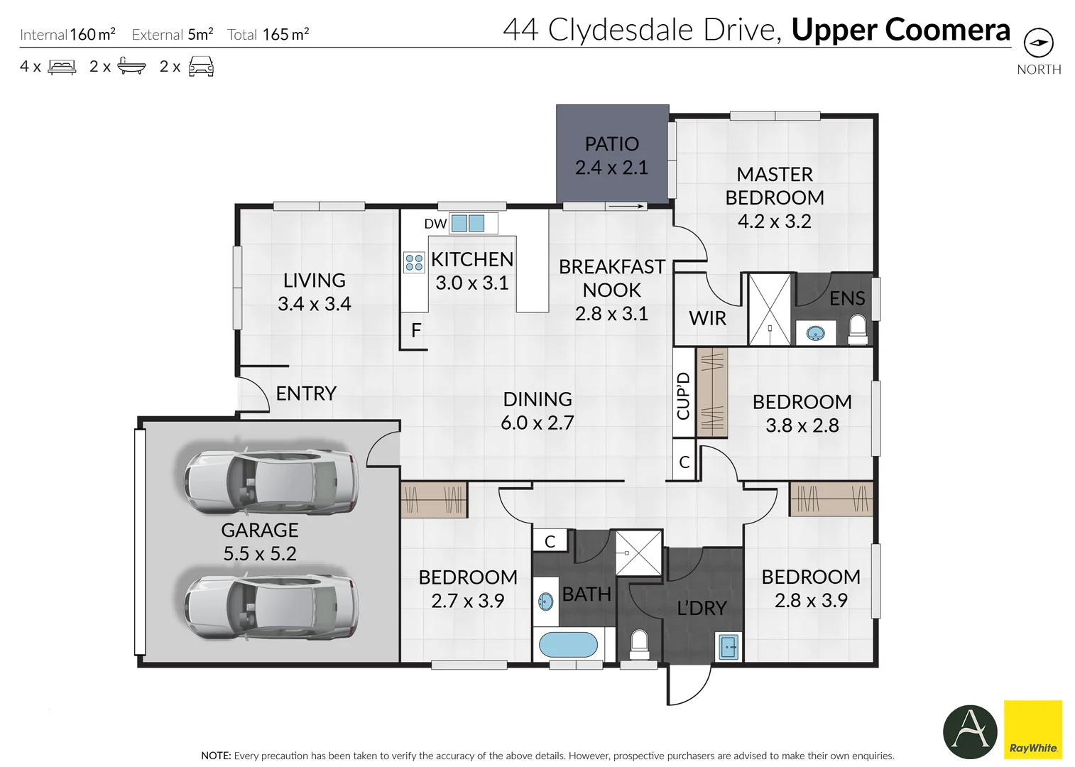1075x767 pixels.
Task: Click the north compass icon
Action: [x=1038, y=43]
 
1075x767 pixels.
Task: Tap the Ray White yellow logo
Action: [x=1032, y=729]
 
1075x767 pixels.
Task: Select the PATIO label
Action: [x=611, y=144]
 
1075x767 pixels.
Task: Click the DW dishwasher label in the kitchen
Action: [x=435, y=224]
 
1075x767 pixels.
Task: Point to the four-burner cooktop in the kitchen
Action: [x=414, y=262]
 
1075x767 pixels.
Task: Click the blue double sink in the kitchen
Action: [x=468, y=223]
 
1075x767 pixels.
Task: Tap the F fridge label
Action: [x=416, y=330]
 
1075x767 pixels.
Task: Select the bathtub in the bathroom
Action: [x=568, y=645]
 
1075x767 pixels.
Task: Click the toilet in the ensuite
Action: [x=858, y=330]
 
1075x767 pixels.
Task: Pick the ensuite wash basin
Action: [x=815, y=332]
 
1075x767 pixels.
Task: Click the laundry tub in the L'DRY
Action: [x=729, y=647]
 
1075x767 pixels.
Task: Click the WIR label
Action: [x=707, y=318]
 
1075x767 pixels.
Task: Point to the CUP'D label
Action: [x=683, y=396]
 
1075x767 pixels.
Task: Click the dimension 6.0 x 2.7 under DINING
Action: [x=537, y=423]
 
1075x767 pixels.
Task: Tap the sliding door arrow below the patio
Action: [x=626, y=207]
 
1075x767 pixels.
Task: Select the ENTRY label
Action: [x=306, y=393]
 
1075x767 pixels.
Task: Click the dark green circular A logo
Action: [x=970, y=731]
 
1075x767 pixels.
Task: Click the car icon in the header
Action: [x=201, y=67]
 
